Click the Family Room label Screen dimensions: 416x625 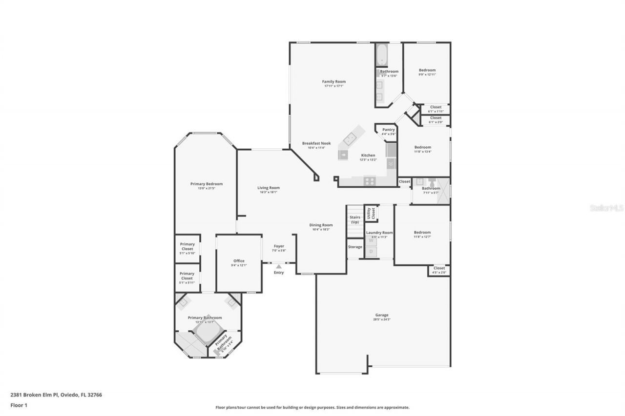(x=333, y=81)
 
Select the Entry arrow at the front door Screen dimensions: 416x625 (x=278, y=267)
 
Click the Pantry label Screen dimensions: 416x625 (x=388, y=130)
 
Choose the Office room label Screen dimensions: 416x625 (x=239, y=261)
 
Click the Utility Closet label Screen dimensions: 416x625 (x=371, y=213)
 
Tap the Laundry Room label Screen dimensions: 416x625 (x=379, y=233)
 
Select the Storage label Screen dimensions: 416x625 (x=355, y=247)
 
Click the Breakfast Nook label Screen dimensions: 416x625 (x=316, y=143)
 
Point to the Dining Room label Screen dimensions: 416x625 (x=321, y=225)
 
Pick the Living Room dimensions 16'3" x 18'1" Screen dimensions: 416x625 (x=269, y=192)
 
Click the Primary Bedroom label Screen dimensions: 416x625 (x=206, y=184)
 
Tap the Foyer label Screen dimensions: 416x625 (x=278, y=246)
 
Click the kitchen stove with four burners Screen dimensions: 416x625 (x=370, y=181)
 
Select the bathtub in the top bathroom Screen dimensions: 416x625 (x=381, y=55)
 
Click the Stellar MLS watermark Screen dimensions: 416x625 (x=606, y=208)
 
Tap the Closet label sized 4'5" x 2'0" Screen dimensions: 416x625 (x=439, y=268)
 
